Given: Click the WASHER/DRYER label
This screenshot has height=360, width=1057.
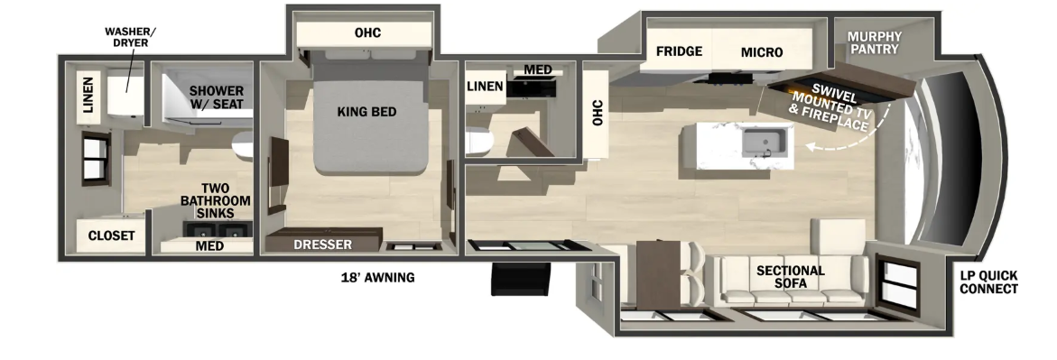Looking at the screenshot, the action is pos(126,37).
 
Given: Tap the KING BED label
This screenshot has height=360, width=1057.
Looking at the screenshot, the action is pos(366,111).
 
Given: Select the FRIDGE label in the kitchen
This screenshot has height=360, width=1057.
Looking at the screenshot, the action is pos(679,51).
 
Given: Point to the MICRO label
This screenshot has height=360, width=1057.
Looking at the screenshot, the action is pos(762,52).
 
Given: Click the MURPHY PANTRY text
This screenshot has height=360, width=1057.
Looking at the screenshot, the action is pos(875,42).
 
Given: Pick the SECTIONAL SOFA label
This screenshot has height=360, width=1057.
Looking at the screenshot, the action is pos(790,276).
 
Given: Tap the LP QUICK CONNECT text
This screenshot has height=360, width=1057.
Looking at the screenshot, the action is pos(989,282).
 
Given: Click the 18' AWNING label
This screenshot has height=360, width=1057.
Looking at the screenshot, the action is pos(377,277).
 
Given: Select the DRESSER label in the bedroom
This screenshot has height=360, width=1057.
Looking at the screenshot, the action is pos(322,244).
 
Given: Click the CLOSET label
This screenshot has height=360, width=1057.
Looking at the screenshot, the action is pos(111,236).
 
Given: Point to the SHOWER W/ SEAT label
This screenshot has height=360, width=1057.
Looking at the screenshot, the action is pos(217,97).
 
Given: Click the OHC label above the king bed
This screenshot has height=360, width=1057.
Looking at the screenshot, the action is pos(367,32).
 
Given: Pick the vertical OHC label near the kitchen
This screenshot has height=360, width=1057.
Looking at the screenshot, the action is pos(596,113).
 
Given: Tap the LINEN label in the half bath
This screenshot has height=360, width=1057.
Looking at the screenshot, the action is pos(485,86).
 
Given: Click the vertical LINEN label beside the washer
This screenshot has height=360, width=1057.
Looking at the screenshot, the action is pos(88,95).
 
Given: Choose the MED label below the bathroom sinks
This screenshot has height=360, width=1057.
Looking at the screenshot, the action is pos(209,246).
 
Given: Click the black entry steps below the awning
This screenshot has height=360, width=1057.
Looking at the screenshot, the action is pos(522,278).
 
